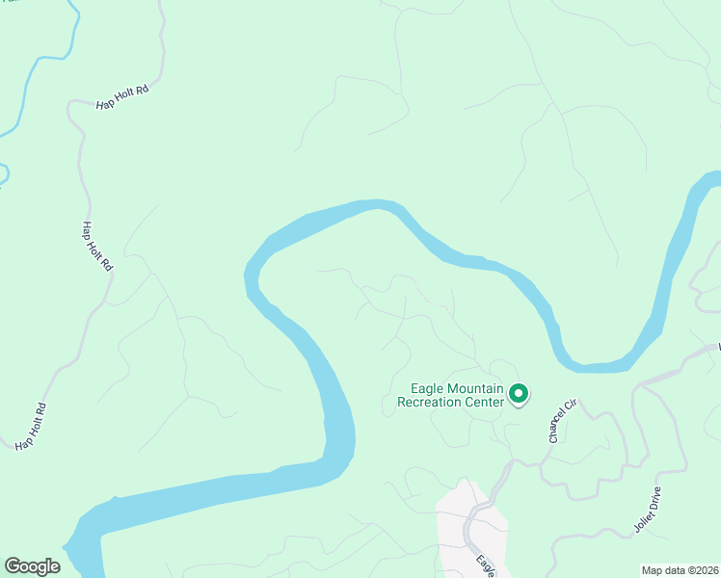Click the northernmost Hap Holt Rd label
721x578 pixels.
(x=122, y=96)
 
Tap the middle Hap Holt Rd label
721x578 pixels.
(x=94, y=247)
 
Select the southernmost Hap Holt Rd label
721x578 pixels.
(x=32, y=427)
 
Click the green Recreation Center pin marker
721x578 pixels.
(x=519, y=394)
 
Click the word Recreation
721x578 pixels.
(x=430, y=402)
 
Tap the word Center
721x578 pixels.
(x=485, y=402)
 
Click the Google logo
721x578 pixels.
(x=33, y=566)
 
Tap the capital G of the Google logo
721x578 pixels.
(x=13, y=566)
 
